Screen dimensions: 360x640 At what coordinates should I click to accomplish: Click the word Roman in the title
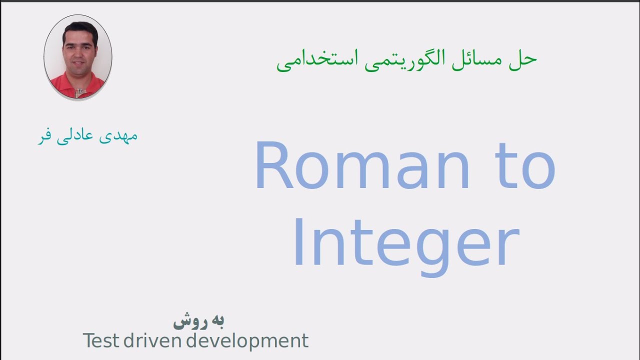pyautogui.click(x=362, y=166)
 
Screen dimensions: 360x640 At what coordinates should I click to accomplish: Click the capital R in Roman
pyautogui.click(x=274, y=166)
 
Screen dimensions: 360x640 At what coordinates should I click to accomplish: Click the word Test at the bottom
pyautogui.click(x=101, y=341)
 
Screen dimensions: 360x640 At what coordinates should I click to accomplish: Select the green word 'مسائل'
pyautogui.click(x=483, y=60)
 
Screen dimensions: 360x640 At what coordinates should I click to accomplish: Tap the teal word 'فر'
pyautogui.click(x=46, y=136)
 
